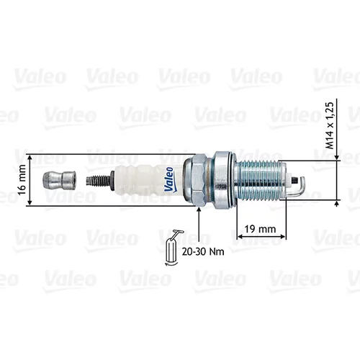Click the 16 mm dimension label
(x=22, y=180)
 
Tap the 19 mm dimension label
(x=260, y=229)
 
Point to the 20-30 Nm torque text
(x=203, y=251)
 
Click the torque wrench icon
(x=172, y=247)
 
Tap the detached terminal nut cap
(x=59, y=181)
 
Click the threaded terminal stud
(x=99, y=181)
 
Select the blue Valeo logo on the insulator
(x=170, y=179)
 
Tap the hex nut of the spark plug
(x=195, y=180)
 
